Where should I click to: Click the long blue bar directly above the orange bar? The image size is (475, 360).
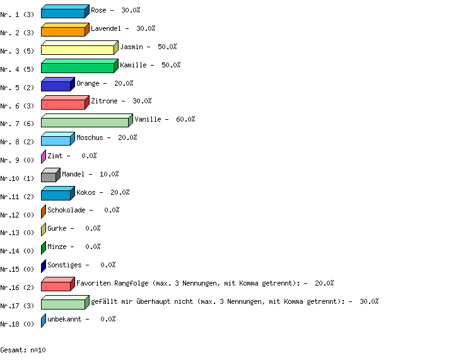(63, 13)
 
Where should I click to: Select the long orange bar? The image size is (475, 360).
(63, 32)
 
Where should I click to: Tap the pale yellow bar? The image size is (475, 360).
(78, 50)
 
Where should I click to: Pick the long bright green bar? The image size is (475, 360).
(78, 67)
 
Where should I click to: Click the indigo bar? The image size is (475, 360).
(56, 86)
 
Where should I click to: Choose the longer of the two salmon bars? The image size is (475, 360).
(63, 104)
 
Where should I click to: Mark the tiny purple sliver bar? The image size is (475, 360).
(44, 157)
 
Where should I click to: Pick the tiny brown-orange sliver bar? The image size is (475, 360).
(44, 212)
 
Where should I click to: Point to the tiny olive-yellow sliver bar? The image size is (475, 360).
(44, 229)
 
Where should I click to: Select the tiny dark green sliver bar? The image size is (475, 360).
(44, 248)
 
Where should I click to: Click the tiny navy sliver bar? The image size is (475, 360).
(44, 266)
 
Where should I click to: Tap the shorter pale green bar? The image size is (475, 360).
(63, 304)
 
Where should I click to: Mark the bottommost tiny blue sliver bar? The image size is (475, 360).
(44, 320)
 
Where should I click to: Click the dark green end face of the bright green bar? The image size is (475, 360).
(116, 66)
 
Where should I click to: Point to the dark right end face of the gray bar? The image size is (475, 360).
(58, 175)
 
